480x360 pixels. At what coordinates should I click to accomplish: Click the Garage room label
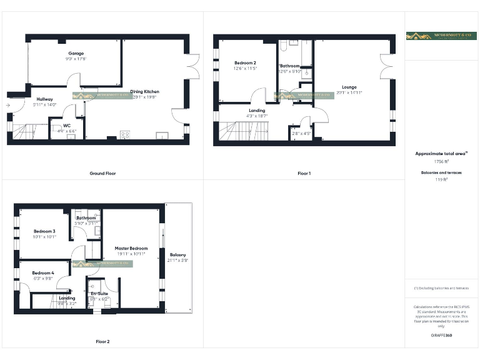tap(76, 54)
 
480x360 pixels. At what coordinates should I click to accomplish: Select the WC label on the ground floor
tap(67, 126)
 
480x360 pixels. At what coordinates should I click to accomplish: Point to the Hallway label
tap(44, 99)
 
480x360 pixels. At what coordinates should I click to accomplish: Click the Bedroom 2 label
tap(245, 63)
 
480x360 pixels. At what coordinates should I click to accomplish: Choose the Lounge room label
tap(349, 87)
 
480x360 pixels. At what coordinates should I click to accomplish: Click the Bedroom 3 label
tap(44, 231)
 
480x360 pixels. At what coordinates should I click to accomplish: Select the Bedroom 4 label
tap(43, 273)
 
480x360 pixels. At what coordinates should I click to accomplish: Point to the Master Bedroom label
tap(131, 249)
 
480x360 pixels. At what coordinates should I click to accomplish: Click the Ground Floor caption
tap(102, 173)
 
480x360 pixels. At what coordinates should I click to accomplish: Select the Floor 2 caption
tap(102, 342)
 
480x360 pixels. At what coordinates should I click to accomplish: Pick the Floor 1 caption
tap(304, 173)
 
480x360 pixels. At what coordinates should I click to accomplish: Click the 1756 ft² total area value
tap(441, 161)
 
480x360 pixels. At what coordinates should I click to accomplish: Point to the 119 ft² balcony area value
tap(441, 179)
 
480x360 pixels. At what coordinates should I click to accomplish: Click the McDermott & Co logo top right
tap(441, 36)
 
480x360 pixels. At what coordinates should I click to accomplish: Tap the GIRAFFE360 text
tap(441, 336)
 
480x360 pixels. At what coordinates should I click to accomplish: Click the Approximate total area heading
tap(441, 153)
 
